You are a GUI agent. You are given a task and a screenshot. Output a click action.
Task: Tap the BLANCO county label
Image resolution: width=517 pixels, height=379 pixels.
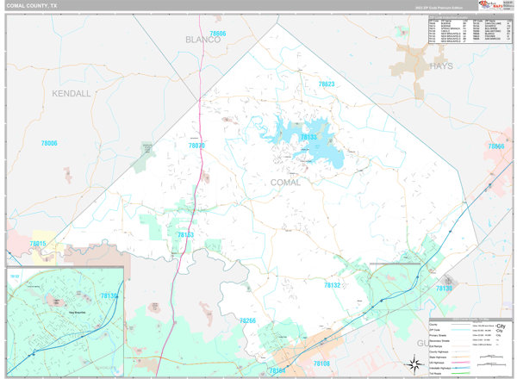point(202,40)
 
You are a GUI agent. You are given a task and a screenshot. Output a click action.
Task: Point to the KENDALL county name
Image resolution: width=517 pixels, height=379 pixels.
point(71,93)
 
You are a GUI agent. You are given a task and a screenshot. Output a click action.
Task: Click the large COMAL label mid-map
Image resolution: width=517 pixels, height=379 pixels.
point(285,183)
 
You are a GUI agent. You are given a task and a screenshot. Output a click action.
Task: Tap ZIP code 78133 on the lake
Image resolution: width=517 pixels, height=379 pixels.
point(308,137)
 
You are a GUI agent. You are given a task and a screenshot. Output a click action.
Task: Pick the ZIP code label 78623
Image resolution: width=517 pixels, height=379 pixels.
point(326,84)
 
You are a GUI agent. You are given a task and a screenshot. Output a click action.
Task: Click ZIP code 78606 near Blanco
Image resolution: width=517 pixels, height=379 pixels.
point(217,34)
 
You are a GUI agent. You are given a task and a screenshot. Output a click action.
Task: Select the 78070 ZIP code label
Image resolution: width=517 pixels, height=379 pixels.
point(196,146)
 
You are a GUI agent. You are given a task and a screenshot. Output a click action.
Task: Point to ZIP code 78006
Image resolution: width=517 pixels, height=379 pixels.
point(49,143)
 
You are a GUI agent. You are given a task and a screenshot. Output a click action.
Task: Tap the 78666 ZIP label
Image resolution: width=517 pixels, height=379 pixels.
point(496,146)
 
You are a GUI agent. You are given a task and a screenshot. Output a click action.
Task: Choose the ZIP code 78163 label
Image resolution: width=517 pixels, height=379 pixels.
point(185,234)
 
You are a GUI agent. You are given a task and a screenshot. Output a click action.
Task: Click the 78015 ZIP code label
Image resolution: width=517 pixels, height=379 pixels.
point(38,244)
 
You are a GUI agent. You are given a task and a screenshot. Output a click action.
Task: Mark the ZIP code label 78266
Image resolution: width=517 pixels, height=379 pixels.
point(247,320)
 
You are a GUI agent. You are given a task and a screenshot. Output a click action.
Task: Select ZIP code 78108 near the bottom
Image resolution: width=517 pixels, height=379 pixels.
point(321,363)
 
